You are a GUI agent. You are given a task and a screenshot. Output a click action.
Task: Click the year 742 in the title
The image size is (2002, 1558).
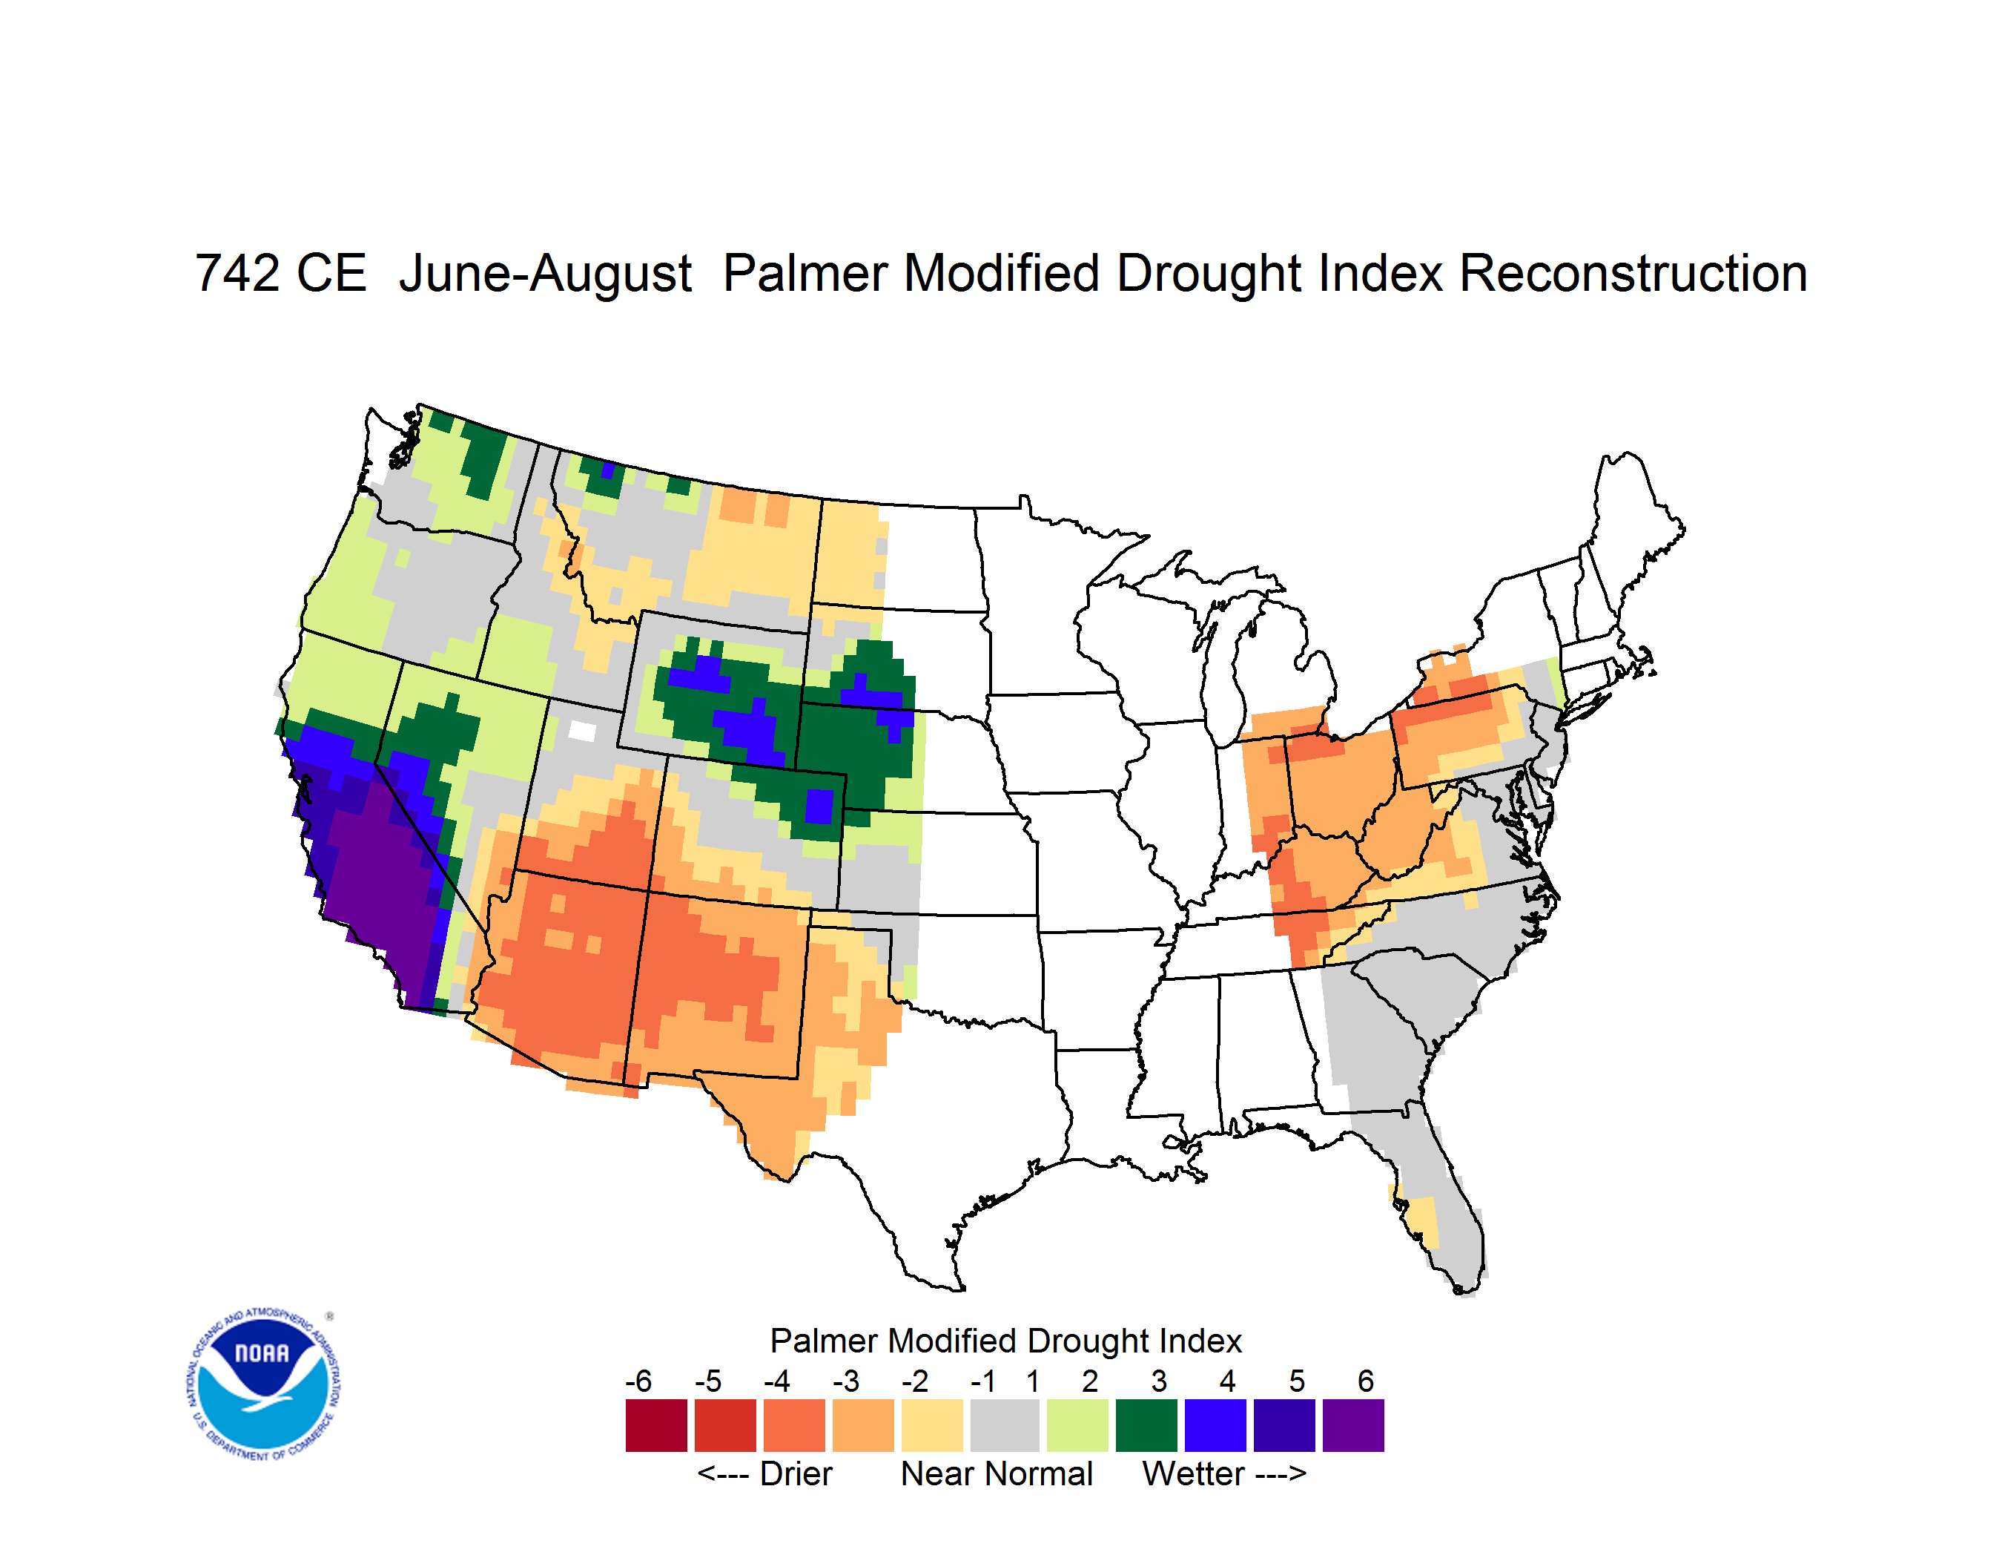click(x=236, y=273)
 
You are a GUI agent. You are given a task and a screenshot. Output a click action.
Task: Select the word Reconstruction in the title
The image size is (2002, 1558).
click(x=1633, y=273)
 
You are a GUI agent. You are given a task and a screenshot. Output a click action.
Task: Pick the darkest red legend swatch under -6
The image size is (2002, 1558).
click(x=655, y=1426)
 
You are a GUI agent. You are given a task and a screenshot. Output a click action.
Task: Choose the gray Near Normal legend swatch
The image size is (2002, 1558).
click(x=1004, y=1426)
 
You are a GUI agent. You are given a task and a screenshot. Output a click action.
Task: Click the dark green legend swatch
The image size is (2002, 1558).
click(x=1146, y=1426)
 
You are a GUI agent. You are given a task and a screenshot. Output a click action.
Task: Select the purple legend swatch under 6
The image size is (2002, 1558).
click(x=1353, y=1426)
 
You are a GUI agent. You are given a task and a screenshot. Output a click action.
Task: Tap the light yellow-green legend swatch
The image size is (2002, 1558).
click(x=1077, y=1426)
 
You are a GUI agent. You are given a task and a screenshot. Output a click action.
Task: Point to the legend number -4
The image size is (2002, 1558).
click(x=776, y=1381)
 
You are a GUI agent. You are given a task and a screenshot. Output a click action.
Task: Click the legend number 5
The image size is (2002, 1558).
click(x=1297, y=1381)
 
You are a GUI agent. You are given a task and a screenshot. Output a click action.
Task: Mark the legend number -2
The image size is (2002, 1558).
click(x=915, y=1381)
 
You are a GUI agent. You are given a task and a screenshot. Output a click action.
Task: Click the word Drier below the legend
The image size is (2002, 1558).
click(x=796, y=1475)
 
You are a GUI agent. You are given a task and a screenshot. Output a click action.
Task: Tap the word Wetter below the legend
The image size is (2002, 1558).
click(x=1194, y=1475)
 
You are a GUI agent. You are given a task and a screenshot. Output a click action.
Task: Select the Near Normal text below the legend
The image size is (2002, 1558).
click(x=997, y=1475)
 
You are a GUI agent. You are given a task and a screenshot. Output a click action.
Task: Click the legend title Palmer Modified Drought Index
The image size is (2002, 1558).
click(x=1005, y=1341)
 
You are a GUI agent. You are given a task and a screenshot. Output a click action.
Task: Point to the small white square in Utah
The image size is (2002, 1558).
click(x=582, y=731)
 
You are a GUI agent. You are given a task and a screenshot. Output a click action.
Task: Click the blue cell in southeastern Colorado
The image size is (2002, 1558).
click(x=819, y=807)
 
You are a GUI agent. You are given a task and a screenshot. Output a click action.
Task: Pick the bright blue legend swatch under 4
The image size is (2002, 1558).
click(x=1215, y=1426)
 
